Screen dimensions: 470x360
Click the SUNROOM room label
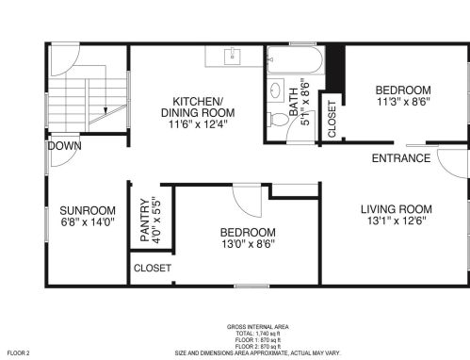pyautogui.click(x=88, y=210)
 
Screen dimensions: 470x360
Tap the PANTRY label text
pyautogui.click(x=145, y=220)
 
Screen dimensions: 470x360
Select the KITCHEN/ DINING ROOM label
pyautogui.click(x=198, y=107)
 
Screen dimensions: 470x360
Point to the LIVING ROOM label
pyautogui.click(x=397, y=209)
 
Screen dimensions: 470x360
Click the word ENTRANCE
pyautogui.click(x=401, y=158)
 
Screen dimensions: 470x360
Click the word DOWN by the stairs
pyautogui.click(x=64, y=146)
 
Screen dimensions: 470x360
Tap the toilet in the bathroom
pyautogui.click(x=278, y=120)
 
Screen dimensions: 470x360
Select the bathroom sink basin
pyautogui.click(x=276, y=90)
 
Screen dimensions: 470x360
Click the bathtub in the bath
pyautogui.click(x=295, y=60)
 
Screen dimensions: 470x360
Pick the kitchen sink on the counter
pyautogui.click(x=233, y=57)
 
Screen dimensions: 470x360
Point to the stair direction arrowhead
pyautogui.click(x=105, y=110)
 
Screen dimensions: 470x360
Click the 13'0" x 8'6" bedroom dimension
pyautogui.click(x=249, y=244)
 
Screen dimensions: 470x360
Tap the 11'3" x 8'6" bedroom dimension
pyautogui.click(x=403, y=102)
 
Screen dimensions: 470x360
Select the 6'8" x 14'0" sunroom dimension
pyautogui.click(x=88, y=222)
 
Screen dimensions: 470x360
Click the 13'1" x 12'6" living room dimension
pyautogui.click(x=397, y=221)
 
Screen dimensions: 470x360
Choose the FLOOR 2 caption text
pyautogui.click(x=18, y=353)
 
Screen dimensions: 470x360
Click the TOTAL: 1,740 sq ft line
pyautogui.click(x=258, y=334)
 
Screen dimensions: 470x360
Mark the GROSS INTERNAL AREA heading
pyautogui.click(x=258, y=327)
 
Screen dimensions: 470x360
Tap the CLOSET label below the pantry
pyautogui.click(x=153, y=268)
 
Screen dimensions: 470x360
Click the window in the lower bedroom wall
pyautogui.click(x=251, y=286)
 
